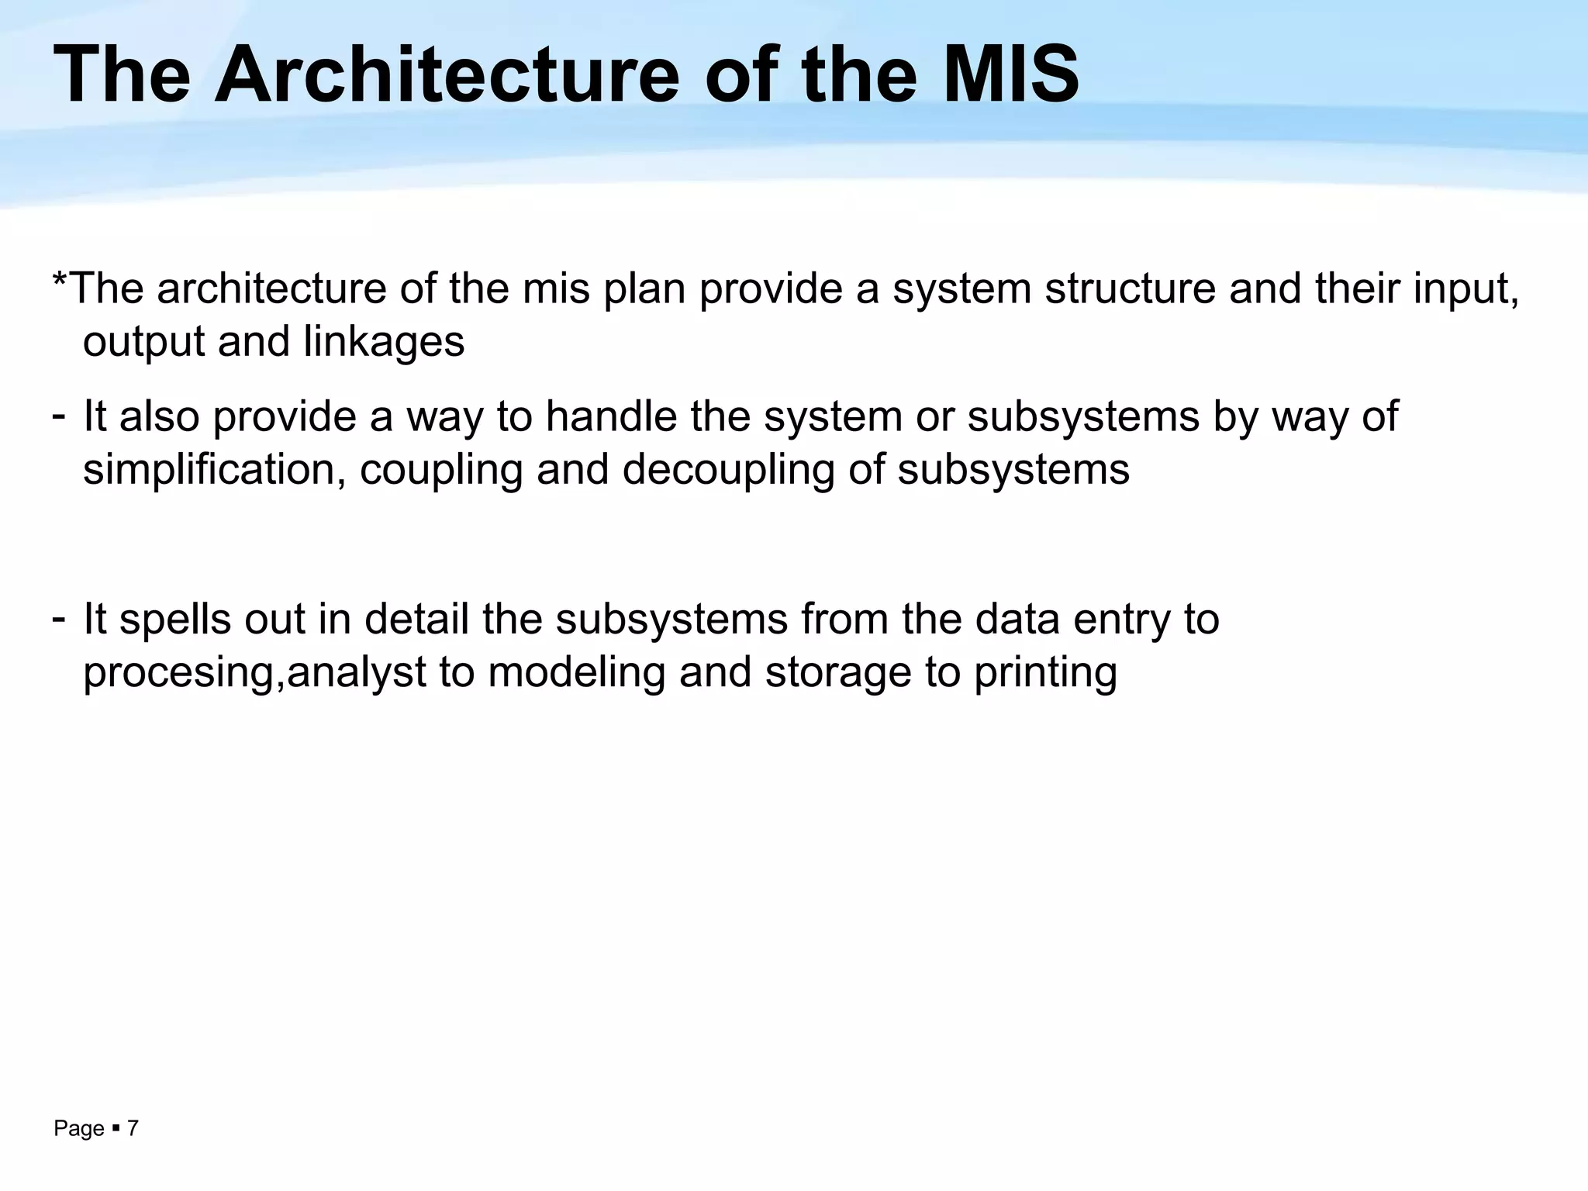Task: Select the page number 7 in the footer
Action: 133,1128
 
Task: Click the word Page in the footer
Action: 78,1129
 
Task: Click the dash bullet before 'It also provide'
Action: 58,415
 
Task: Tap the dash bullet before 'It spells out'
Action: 58,618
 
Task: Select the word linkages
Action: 384,342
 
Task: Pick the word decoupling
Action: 728,470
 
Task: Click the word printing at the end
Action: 1045,672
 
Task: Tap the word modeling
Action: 576,671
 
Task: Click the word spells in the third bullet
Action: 174,620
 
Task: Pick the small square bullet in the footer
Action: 116,1128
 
